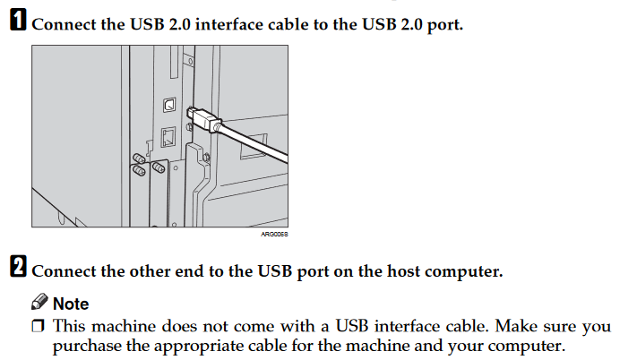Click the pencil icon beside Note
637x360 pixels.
pos(39,303)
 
